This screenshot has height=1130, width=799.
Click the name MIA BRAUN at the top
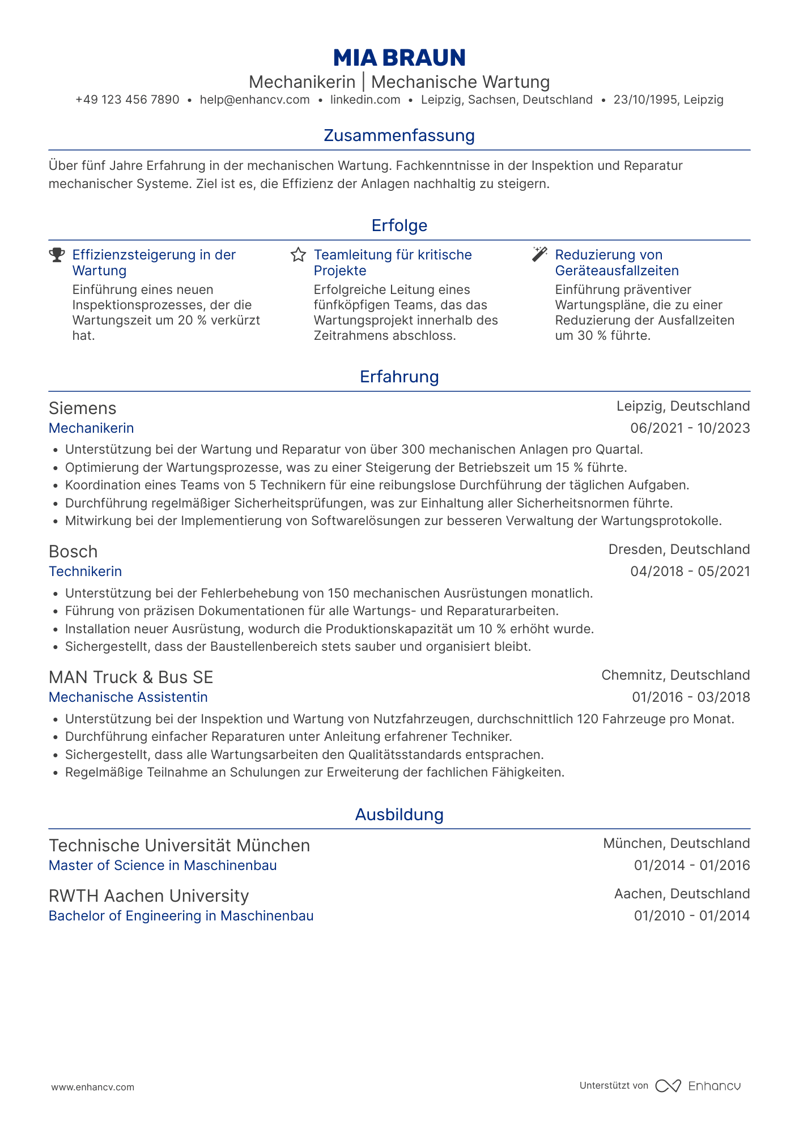tap(399, 58)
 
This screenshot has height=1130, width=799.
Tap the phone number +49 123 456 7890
tap(127, 100)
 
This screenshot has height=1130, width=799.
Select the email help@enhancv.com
tap(254, 100)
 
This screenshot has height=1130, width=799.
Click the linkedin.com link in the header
tap(365, 100)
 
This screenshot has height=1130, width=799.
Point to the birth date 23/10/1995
tap(645, 100)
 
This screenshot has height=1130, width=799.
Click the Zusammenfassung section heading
tap(399, 135)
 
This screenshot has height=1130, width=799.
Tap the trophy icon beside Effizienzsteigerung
tap(57, 255)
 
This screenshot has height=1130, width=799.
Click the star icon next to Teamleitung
tap(298, 255)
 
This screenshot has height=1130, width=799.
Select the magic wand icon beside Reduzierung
tap(539, 254)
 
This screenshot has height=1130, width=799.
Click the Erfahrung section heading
tap(399, 377)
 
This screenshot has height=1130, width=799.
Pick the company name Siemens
tap(83, 408)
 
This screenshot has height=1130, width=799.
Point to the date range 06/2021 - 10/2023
tap(690, 428)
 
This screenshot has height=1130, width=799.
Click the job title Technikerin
tap(86, 572)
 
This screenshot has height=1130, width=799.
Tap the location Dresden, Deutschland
tap(679, 549)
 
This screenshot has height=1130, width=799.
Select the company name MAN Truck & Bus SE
tap(131, 677)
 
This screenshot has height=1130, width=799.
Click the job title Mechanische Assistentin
tap(128, 697)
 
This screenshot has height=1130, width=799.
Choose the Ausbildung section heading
tap(399, 815)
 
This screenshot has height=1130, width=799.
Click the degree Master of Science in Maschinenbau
tap(163, 865)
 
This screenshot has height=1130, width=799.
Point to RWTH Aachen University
tap(149, 896)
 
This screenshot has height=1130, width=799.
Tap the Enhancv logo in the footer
tap(698, 1086)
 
